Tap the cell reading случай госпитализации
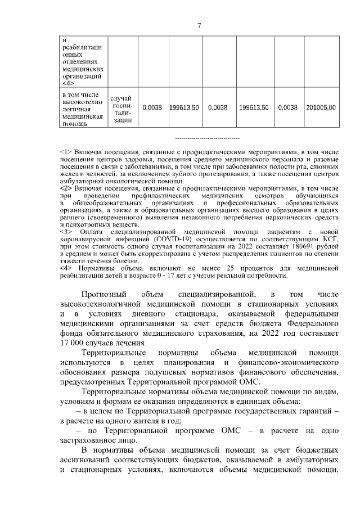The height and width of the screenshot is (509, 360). pyautogui.click(x=122, y=109)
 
